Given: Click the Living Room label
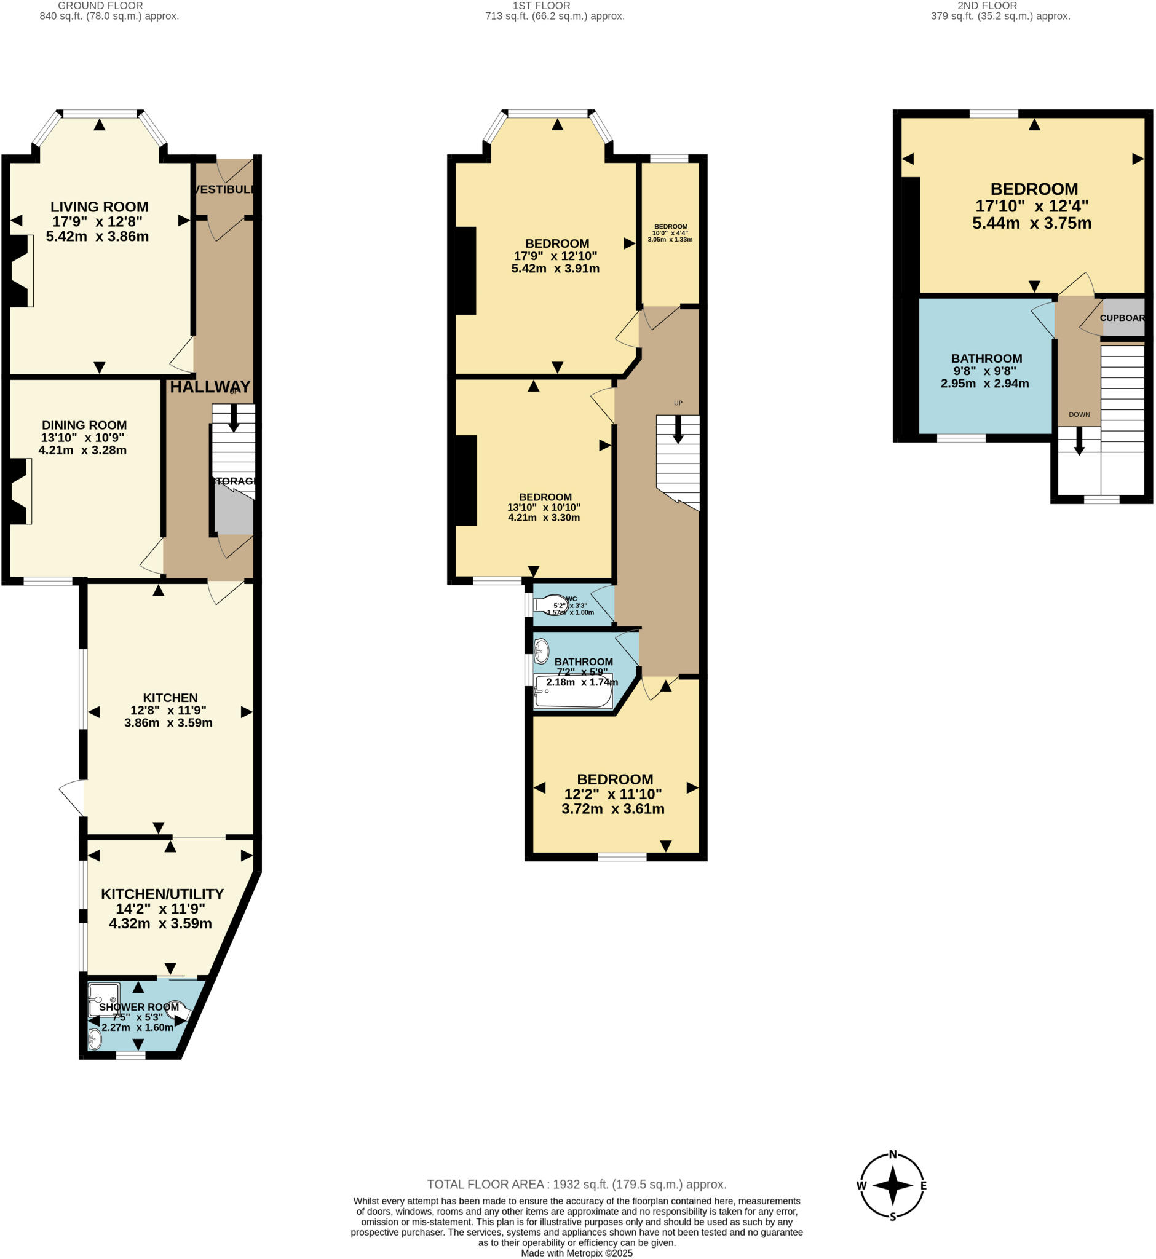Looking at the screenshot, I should pos(100,207).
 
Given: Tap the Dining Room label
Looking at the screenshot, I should pos(84,425).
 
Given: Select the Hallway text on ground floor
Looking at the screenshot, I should pos(210,387).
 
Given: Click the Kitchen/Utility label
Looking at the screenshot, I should pos(162,894).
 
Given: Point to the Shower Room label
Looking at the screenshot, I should pos(139,1007).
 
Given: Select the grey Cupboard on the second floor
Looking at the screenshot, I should pos(1123,318).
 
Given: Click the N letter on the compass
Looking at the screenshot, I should pos(893,1154).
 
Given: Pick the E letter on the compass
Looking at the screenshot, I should pos(924,1185).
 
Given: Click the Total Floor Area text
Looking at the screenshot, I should pos(576,1184).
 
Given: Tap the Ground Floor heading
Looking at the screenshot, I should pos(100,6).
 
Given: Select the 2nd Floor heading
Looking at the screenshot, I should pos(987,6).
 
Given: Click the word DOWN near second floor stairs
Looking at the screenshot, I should pos(1079,415).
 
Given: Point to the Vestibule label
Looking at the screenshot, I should pos(224,189).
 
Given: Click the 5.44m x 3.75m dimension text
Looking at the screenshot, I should pos(1032,223).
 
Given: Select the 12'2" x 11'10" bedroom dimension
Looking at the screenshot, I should pos(613,794).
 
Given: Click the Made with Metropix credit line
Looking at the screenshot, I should pos(576,1253).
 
